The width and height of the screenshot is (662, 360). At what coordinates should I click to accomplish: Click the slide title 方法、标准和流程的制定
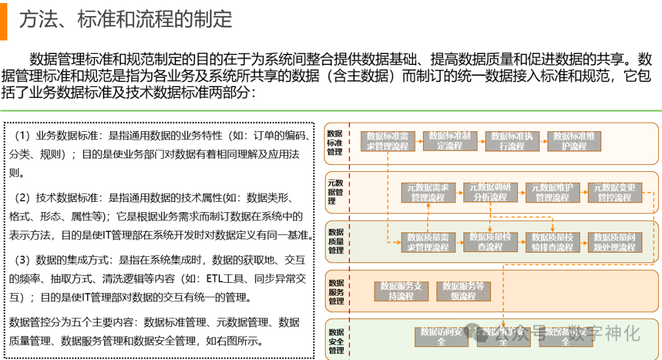[126, 19]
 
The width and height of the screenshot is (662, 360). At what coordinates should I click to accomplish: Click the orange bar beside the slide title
[3, 20]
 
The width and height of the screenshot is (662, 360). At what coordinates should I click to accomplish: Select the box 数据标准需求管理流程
[387, 141]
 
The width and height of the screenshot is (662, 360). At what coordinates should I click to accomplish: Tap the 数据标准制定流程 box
[449, 141]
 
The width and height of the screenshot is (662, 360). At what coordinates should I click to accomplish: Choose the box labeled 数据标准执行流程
[512, 141]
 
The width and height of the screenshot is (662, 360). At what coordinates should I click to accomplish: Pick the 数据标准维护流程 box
[574, 141]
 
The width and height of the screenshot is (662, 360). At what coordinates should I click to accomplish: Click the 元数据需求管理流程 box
[428, 193]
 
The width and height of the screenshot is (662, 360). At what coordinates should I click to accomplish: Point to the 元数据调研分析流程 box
[490, 193]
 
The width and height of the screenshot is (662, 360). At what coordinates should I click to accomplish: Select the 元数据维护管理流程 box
[552, 193]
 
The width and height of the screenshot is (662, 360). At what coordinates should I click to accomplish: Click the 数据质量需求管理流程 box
[428, 242]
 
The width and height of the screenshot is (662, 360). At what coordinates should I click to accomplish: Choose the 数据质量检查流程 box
[490, 242]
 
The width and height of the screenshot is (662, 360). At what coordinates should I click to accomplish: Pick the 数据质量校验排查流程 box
[552, 242]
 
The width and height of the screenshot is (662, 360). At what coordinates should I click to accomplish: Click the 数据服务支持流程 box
[401, 291]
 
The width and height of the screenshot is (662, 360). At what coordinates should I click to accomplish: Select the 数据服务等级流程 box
[463, 291]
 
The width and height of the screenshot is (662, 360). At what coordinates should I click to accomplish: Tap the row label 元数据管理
[335, 192]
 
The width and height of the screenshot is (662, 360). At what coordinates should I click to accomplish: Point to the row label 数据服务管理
[335, 292]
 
